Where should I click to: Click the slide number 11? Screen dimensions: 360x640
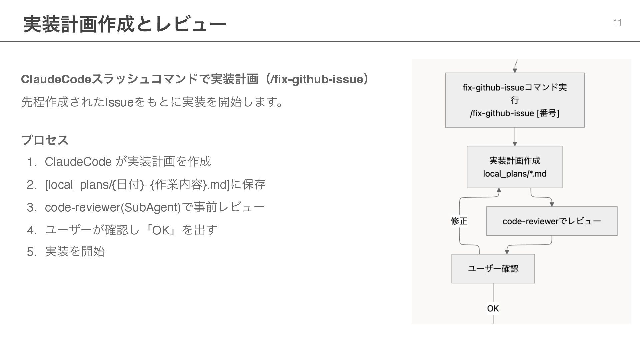[x=617, y=23]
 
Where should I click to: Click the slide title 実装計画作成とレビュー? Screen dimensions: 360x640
[x=125, y=24]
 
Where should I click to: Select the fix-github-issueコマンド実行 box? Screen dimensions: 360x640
[x=514, y=100]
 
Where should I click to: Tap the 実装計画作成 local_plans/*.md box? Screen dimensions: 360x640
[x=514, y=167]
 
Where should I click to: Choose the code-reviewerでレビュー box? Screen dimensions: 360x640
[x=551, y=221]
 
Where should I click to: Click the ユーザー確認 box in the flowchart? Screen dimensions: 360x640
[x=493, y=269]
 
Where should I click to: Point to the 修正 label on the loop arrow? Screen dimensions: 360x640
[x=459, y=221]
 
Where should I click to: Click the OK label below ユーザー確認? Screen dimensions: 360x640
[x=493, y=308]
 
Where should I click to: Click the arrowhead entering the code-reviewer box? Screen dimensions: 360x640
[x=552, y=204]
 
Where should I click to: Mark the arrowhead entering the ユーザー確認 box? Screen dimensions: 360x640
[x=507, y=252]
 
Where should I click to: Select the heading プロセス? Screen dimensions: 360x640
[x=45, y=140]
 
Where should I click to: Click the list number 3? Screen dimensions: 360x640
[x=31, y=207]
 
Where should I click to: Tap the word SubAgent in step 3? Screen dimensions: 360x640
[x=152, y=207]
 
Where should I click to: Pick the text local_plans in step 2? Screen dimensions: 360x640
[x=78, y=184]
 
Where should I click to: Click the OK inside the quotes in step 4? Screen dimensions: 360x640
[x=161, y=230]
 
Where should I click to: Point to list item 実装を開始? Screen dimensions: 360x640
[x=75, y=251]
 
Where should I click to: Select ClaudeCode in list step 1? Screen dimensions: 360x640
[x=78, y=162]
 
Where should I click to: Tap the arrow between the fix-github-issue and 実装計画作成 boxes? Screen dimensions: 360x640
[x=515, y=137]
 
